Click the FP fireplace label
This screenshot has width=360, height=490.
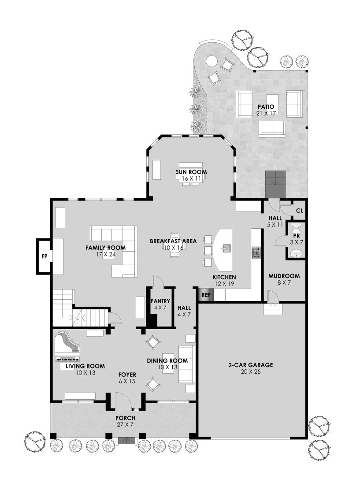pos(45,256)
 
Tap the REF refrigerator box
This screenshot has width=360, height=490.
pos(206,295)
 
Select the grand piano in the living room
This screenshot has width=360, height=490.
pos(67,347)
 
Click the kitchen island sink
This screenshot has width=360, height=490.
pos(226,249)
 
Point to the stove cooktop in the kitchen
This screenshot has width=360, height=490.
pos(256,252)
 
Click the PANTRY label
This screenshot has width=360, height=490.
pos(160,301)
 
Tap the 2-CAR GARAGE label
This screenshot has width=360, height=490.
pos(251,365)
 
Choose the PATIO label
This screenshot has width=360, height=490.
pos(266,107)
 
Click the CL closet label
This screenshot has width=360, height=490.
pos(300,211)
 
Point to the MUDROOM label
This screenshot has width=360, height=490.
pos(284,276)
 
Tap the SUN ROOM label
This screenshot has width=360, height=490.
pos(191,172)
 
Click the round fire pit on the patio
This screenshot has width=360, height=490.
pos(211,60)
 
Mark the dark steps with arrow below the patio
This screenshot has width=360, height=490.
pos(275,184)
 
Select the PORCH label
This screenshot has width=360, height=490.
pos(125,418)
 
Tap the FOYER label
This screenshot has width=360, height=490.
pos(127,375)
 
